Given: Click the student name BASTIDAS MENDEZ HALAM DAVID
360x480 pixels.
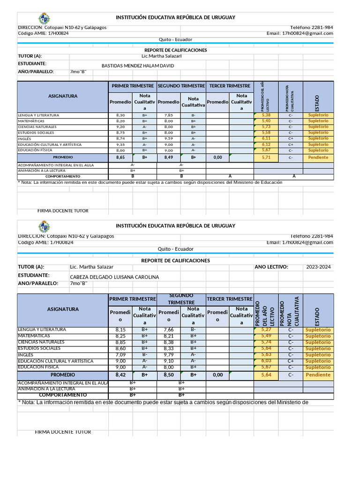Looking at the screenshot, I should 137,66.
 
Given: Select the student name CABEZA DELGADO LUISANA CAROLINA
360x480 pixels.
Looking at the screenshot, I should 114,277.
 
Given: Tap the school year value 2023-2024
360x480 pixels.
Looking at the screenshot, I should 318,267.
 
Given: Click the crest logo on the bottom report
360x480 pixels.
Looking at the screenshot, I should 44,227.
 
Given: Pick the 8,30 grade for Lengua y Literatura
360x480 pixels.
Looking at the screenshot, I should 120,115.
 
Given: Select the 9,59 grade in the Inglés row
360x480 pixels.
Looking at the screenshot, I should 169,139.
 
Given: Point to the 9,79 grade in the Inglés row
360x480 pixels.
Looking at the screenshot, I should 169,355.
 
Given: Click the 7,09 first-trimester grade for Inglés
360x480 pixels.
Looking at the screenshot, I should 120,355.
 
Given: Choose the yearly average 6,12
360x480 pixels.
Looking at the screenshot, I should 266,144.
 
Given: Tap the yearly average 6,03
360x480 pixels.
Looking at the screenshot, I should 266,361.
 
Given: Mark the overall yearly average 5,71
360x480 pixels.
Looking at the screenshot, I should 266,158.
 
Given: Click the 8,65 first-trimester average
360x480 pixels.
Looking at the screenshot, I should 120,158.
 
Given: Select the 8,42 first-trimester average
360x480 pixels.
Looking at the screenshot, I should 120,375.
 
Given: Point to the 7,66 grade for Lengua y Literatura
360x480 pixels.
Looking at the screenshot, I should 169,330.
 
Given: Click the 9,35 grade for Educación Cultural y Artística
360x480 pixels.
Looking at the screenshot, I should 120,144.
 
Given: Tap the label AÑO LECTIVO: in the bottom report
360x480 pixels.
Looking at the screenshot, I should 271,267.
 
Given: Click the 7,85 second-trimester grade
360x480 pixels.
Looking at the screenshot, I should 169,115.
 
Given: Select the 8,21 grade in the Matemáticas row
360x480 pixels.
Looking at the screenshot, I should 169,336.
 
